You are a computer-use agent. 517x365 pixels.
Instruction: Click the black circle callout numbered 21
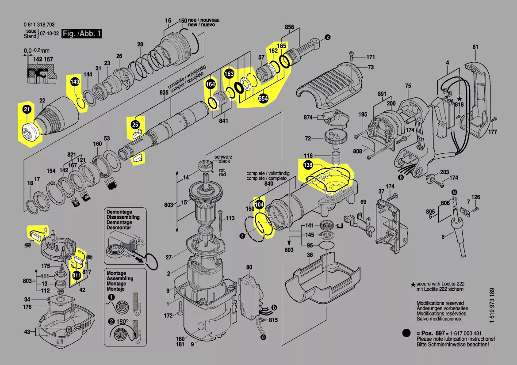27,109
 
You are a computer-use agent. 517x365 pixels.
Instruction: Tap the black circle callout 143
75,82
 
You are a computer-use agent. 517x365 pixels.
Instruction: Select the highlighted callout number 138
308,165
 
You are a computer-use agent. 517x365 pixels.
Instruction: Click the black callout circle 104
260,205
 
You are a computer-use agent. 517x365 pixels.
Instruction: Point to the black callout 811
77,276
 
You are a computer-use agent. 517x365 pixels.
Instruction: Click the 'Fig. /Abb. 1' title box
82,34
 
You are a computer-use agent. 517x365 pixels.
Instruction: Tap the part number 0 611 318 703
39,25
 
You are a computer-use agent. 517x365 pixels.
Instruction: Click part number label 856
289,27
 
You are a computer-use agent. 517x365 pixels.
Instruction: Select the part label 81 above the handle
475,47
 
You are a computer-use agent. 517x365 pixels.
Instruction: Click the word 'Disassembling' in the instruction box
123,217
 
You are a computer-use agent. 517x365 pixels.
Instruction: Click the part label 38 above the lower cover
310,255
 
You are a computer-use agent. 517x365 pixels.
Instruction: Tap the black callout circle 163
229,74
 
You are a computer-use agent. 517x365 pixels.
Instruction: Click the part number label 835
164,92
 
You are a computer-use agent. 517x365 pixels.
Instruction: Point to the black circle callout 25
135,125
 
